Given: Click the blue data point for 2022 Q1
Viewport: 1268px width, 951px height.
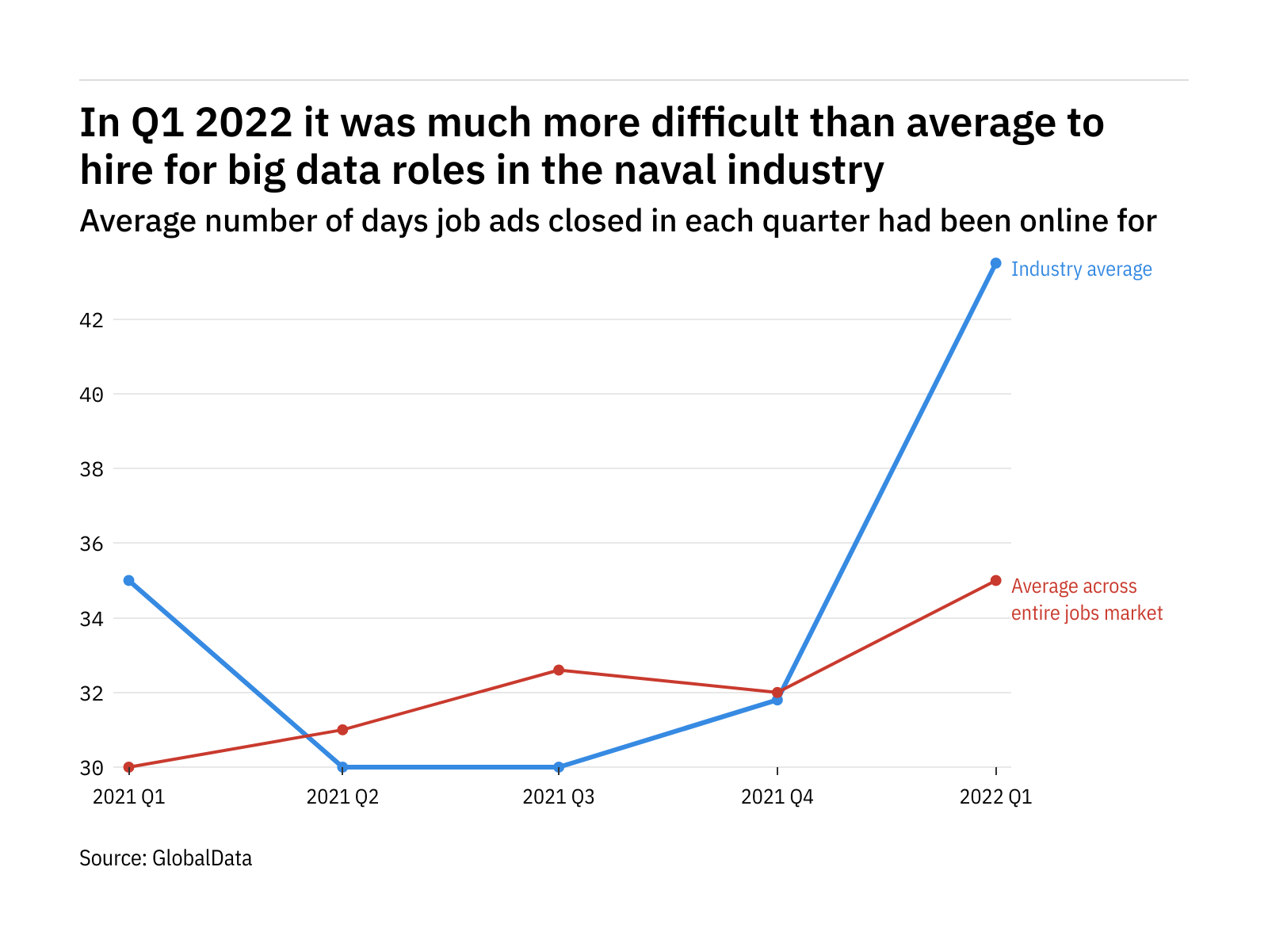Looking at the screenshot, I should [995, 263].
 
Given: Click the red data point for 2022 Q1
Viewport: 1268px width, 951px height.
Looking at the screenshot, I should [995, 580].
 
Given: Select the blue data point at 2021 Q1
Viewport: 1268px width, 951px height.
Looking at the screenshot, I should [129, 580].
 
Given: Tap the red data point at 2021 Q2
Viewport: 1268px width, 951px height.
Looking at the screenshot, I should [342, 729].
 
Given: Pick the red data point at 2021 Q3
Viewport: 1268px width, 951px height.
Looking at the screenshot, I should [559, 670].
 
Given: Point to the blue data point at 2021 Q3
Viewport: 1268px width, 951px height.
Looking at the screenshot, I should [559, 767].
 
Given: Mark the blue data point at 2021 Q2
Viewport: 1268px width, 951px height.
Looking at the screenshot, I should [342, 767].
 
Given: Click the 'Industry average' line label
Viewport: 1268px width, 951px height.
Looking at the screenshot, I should [1081, 269].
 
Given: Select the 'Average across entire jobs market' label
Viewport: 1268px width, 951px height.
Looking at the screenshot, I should [1087, 599].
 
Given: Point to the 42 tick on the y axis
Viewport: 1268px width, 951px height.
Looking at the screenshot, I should [92, 320].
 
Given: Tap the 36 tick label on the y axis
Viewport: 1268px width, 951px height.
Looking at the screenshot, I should [92, 544].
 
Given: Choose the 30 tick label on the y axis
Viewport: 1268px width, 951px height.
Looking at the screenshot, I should [92, 767].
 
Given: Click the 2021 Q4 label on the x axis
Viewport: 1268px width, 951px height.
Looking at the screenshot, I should [777, 796].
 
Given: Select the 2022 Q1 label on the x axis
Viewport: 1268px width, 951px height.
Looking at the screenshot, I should [995, 796].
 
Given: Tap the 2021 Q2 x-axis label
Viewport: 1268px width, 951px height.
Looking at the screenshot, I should [342, 796].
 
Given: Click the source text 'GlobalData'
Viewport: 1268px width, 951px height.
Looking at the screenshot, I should [201, 858].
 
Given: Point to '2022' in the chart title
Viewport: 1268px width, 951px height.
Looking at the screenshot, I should [243, 123].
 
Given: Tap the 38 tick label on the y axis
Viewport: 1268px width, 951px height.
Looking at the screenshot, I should [92, 469].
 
